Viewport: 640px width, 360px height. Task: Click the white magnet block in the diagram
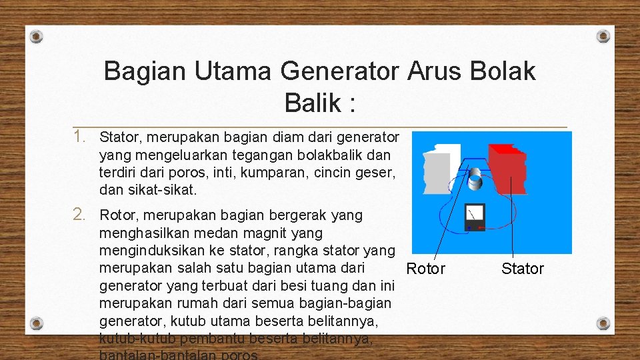point(438,170)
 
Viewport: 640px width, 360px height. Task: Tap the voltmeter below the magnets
point(475,216)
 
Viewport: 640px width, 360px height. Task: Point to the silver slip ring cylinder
point(475,178)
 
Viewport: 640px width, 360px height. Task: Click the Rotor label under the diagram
point(425,269)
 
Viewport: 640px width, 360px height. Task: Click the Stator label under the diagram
point(523,269)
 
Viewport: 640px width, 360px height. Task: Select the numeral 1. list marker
point(80,137)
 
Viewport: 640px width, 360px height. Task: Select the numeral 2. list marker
point(80,215)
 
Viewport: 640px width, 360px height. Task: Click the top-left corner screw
point(37,36)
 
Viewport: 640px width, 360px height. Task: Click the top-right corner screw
point(603,36)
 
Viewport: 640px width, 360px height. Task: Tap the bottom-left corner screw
point(37,323)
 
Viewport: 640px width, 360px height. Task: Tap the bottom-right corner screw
point(603,323)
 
